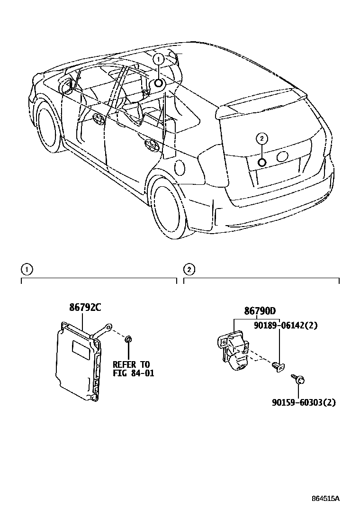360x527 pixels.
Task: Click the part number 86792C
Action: tap(85, 307)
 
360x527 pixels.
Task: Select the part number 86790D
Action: tap(260, 311)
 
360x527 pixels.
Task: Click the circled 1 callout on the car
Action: tap(159, 59)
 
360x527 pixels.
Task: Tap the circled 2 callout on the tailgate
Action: tap(261, 138)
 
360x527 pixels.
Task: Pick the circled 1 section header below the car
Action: tap(27, 270)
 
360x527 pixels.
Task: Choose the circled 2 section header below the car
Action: tap(189, 270)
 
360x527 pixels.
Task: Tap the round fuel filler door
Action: tap(180, 168)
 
